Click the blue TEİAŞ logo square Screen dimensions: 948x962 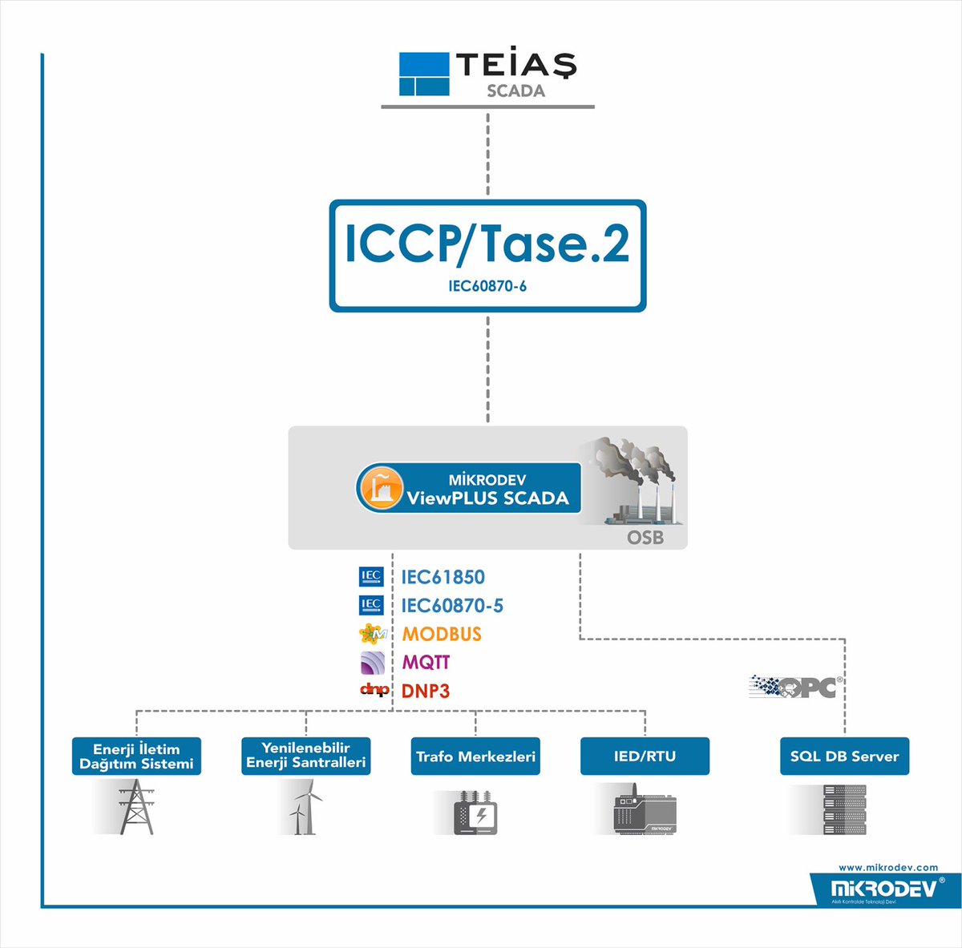(x=424, y=75)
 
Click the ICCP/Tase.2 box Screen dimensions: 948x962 (x=487, y=255)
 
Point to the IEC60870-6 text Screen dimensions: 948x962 (x=487, y=285)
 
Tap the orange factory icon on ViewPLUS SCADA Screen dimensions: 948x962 (x=380, y=487)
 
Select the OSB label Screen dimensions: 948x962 (x=645, y=537)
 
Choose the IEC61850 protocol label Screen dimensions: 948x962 (x=443, y=577)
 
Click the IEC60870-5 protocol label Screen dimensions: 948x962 (x=452, y=606)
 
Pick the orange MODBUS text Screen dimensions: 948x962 (x=442, y=634)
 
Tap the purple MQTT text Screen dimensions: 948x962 (x=426, y=663)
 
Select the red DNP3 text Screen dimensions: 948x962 (x=426, y=691)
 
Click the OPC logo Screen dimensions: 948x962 (x=793, y=687)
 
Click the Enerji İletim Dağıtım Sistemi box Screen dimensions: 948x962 (x=136, y=756)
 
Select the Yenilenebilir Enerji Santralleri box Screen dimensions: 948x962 (x=305, y=756)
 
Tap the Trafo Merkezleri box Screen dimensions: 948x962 (x=475, y=756)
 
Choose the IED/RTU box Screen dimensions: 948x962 (x=645, y=756)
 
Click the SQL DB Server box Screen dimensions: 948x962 (x=844, y=756)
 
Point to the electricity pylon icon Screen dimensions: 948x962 (x=136, y=808)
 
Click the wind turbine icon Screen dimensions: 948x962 (x=305, y=809)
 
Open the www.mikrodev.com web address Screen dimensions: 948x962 (x=887, y=867)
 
